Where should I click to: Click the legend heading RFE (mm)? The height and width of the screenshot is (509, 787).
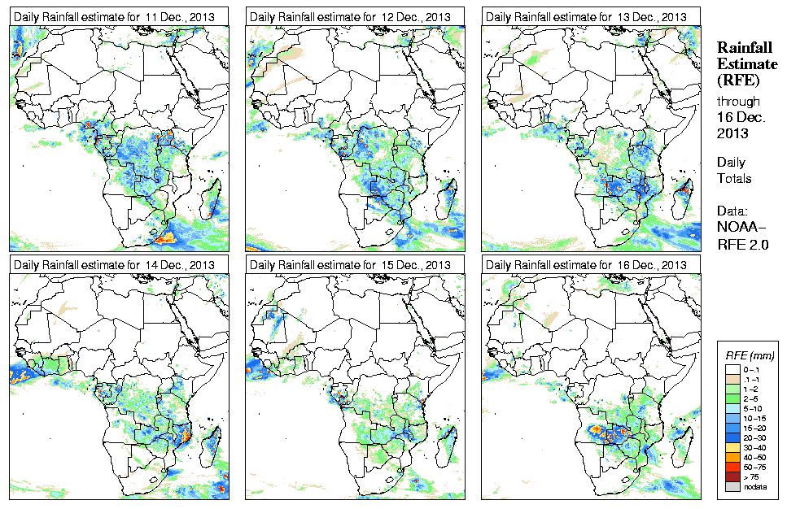[750, 356]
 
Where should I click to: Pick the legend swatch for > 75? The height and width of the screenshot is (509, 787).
[731, 476]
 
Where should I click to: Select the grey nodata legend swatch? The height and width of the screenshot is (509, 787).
[731, 486]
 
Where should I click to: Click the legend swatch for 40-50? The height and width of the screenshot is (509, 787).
[731, 457]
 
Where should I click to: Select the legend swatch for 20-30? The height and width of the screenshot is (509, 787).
[731, 437]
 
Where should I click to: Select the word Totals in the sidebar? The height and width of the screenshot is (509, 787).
[734, 178]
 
